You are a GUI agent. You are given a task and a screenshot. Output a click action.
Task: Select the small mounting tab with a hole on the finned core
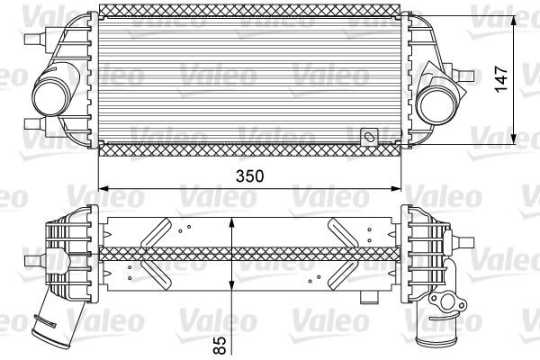[x=368, y=138]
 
